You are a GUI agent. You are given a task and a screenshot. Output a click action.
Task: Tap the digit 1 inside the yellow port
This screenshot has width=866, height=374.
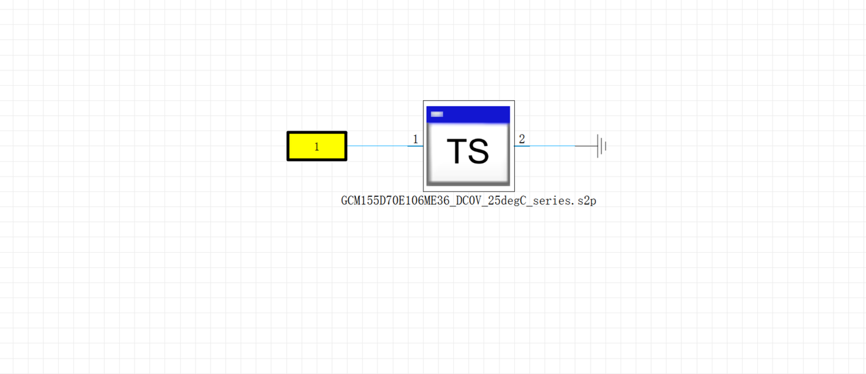click(x=317, y=147)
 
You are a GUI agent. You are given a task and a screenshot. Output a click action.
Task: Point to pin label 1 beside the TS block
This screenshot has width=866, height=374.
click(x=415, y=139)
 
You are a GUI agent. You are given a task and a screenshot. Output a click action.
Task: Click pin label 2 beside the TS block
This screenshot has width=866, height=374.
click(x=522, y=139)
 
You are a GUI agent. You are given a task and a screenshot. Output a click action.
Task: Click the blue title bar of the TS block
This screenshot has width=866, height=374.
click(x=474, y=114)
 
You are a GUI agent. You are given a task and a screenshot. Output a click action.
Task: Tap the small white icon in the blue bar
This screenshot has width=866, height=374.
click(x=437, y=114)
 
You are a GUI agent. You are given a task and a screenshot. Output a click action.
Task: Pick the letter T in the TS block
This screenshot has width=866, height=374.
click(x=456, y=151)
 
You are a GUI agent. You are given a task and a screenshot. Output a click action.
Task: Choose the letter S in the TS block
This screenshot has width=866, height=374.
click(x=479, y=151)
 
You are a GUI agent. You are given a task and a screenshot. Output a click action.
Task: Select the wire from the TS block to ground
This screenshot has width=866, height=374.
click(x=545, y=145)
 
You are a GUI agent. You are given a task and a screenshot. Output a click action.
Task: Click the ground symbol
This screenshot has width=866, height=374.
click(x=601, y=145)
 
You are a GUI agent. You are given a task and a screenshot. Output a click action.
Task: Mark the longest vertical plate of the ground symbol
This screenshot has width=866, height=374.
click(x=598, y=145)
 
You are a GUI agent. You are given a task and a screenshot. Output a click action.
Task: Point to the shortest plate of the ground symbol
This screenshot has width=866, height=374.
click(x=606, y=145)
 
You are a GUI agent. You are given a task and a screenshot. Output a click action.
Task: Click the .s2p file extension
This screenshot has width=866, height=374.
click(x=586, y=201)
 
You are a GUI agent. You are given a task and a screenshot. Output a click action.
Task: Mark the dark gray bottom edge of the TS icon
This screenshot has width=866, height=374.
click(x=468, y=183)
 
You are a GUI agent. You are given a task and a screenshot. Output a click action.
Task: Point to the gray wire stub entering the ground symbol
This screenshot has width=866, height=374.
click(x=585, y=145)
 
